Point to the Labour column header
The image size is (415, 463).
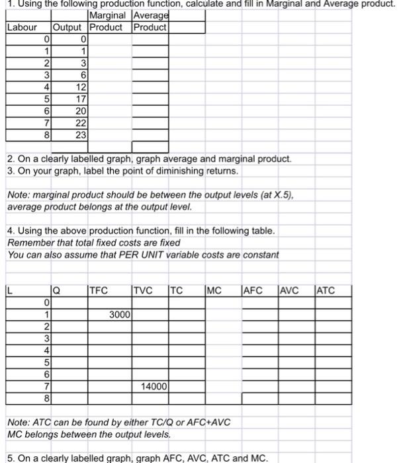click(22, 28)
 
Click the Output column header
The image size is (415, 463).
click(67, 28)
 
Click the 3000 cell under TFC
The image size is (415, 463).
click(119, 314)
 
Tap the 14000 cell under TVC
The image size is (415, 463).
click(154, 386)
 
